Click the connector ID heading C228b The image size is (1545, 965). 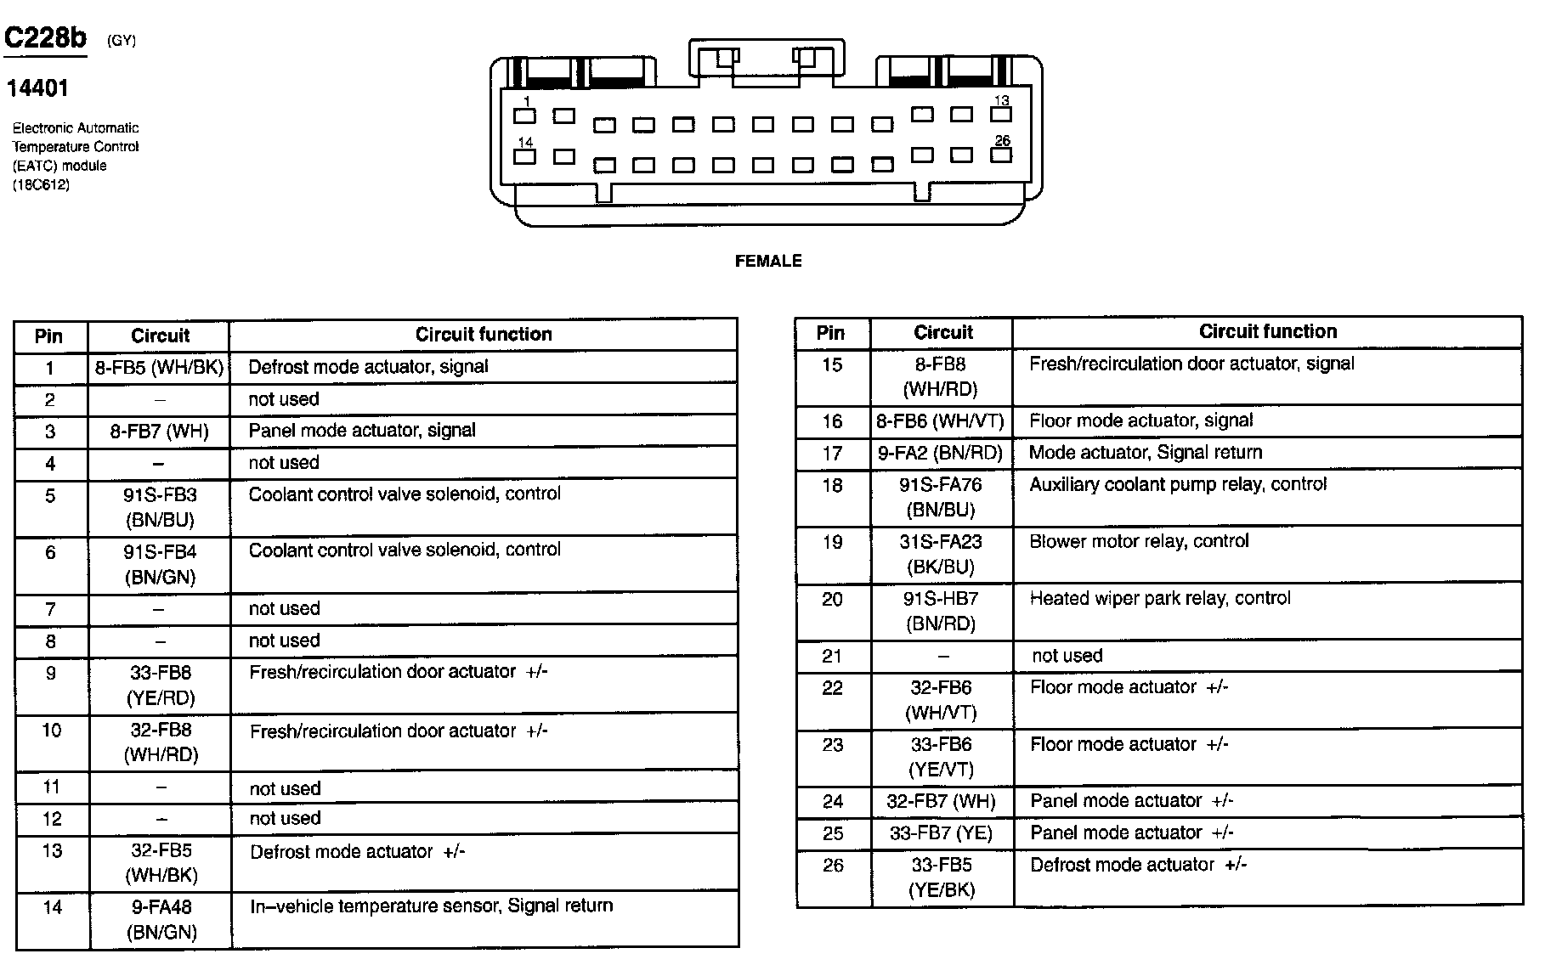click(45, 38)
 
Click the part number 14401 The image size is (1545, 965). click(37, 88)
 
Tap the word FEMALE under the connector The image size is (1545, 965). click(767, 262)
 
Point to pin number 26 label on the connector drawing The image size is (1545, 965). click(1002, 141)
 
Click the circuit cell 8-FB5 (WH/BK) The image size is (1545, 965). click(159, 368)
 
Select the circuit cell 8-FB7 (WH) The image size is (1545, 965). click(159, 432)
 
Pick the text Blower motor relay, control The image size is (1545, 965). click(1139, 542)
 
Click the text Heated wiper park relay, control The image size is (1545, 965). click(1159, 599)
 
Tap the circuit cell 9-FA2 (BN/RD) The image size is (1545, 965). click(941, 454)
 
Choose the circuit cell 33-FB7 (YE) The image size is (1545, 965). click(941, 833)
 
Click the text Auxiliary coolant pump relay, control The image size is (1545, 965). click(1177, 485)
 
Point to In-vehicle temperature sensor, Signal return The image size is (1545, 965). click(431, 906)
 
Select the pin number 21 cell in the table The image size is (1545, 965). click(832, 657)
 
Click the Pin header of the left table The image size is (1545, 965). click(49, 336)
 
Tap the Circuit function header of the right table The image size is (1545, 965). click(1267, 332)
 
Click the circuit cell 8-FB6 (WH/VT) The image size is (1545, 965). click(941, 421)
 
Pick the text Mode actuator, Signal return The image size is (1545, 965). click(1145, 453)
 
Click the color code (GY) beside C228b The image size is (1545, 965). click(122, 41)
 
